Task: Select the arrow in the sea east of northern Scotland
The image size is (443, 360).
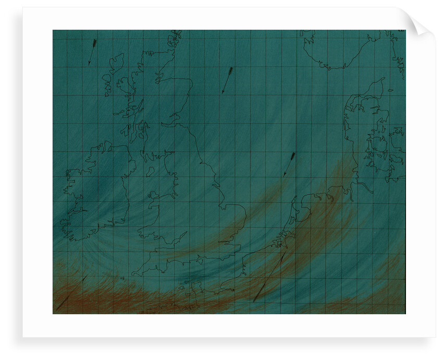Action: pyautogui.click(x=227, y=80)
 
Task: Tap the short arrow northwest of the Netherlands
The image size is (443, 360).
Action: pyautogui.click(x=289, y=164)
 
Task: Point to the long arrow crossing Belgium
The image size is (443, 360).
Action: pyautogui.click(x=270, y=277)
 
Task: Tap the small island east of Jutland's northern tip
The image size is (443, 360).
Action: pyautogui.click(x=390, y=90)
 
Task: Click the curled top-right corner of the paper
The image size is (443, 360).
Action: pyautogui.click(x=420, y=23)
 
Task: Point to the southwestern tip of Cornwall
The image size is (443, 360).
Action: pyautogui.click(x=133, y=273)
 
